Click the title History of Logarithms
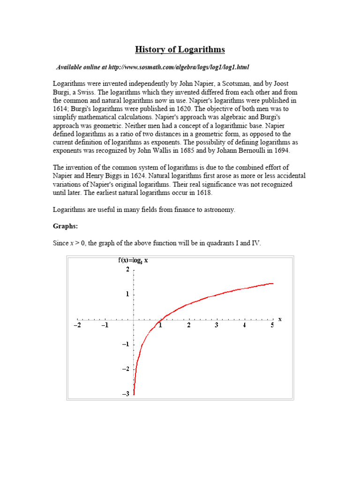pos(180,49)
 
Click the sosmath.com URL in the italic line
pos(176,67)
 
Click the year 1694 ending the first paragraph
pos(282,150)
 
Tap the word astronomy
pos(218,210)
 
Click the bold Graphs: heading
pos(64,226)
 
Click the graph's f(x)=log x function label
pos(133,261)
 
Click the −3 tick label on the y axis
pos(126,394)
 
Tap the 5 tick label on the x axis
pos(272,325)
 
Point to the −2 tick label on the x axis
pos(77,325)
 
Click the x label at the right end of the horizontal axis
pos(280,319)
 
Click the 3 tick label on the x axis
pos(217,325)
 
